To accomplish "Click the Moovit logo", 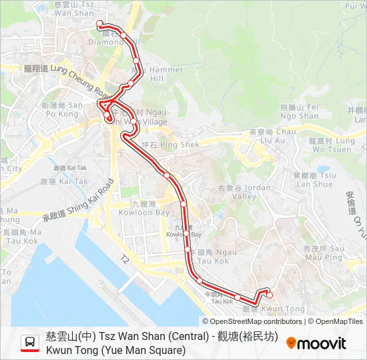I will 316,343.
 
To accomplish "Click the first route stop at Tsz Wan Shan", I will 100,23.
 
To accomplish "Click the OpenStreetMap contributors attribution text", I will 247,321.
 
